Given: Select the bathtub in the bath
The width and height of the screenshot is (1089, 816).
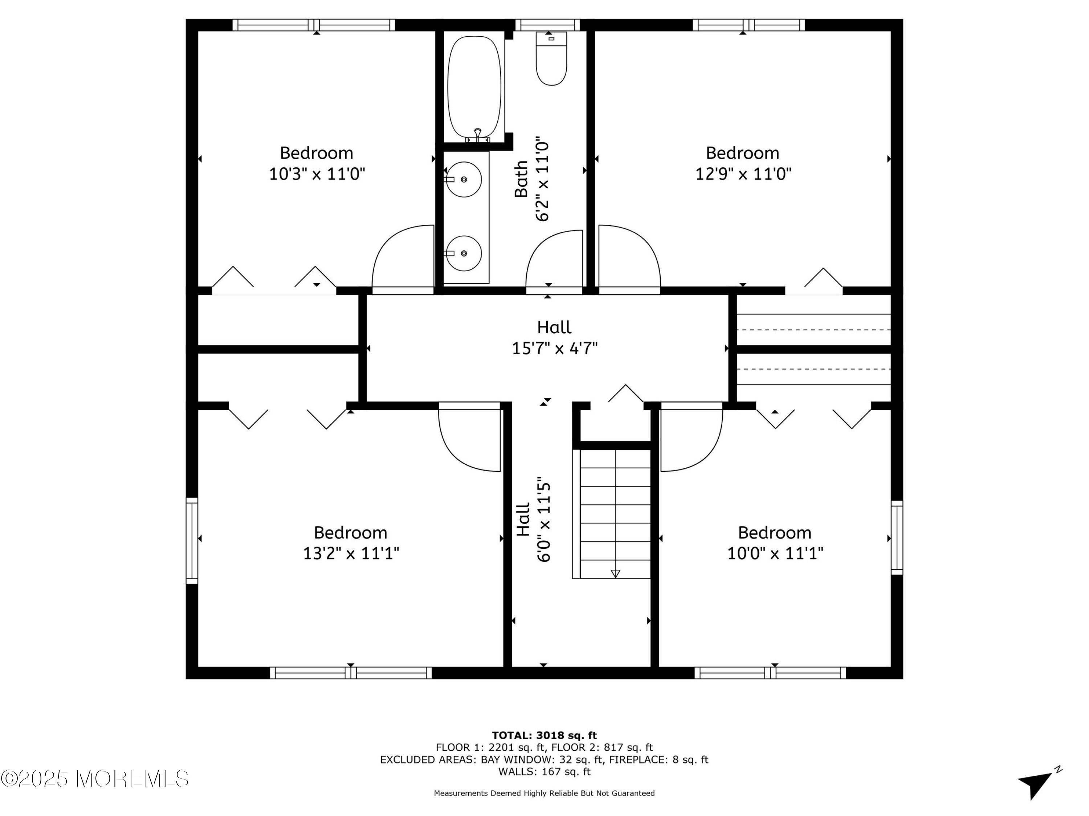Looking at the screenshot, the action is pyautogui.click(x=474, y=87).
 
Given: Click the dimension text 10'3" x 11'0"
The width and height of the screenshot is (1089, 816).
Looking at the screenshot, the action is pyautogui.click(x=317, y=174).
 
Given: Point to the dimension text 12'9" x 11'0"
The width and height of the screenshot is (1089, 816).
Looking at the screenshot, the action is pyautogui.click(x=743, y=174).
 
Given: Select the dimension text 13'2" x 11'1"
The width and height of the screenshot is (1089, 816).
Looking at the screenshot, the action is pyautogui.click(x=351, y=554).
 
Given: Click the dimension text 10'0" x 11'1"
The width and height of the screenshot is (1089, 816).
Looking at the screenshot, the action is pyautogui.click(x=775, y=554).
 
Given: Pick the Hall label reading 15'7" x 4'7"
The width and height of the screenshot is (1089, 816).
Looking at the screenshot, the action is pyautogui.click(x=555, y=338).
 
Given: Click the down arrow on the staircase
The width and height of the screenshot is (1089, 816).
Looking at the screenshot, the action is pyautogui.click(x=615, y=573).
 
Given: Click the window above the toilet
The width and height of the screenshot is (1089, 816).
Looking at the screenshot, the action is pyautogui.click(x=548, y=25).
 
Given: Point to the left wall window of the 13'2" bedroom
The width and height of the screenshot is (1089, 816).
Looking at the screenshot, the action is pyautogui.click(x=192, y=541).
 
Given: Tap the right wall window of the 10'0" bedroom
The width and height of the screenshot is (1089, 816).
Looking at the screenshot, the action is pyautogui.click(x=897, y=537).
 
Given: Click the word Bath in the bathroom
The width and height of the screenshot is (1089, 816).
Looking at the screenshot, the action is pyautogui.click(x=521, y=179).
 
